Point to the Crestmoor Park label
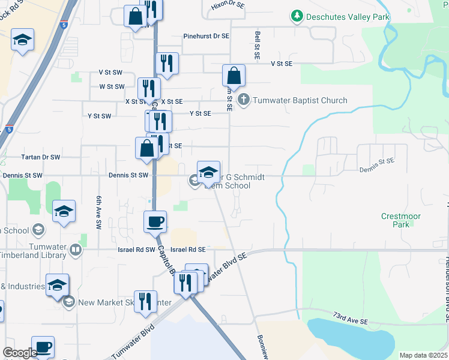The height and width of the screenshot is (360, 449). coord(401,220)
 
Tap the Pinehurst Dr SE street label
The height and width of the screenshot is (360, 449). coord(206,36)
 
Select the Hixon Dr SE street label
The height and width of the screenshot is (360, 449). coord(228,5)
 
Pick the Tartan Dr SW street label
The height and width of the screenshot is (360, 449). coord(41,157)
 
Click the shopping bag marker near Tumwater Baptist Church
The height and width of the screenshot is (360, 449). coord(234,76)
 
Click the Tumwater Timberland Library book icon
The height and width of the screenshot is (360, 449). coord(75,250)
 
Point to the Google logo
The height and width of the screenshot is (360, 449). coord(19,353)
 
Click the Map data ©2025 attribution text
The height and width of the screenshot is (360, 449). coord(423,355)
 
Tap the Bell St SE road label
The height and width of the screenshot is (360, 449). coord(257,45)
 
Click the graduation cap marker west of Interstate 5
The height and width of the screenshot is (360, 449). coord(22,40)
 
